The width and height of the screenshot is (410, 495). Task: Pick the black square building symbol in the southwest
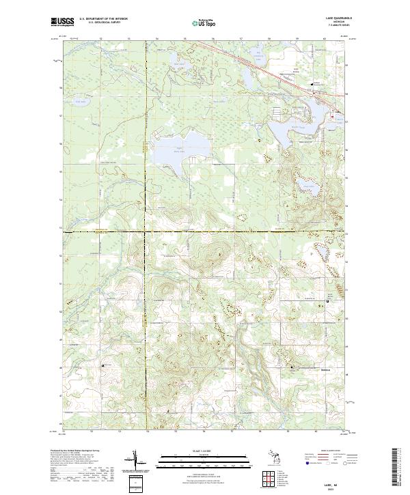coord(103,366)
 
